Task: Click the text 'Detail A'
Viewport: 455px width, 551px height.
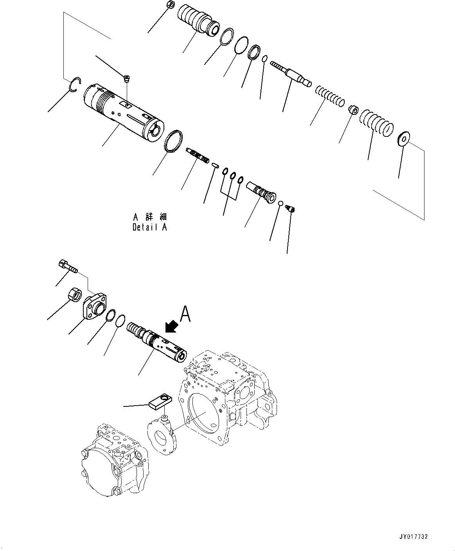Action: [x=150, y=227]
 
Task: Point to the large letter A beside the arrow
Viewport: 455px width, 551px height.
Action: [x=185, y=315]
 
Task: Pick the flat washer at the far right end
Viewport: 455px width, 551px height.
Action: [x=403, y=139]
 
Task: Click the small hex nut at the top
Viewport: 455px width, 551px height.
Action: [x=170, y=5]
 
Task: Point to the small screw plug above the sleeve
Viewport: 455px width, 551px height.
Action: [x=126, y=79]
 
